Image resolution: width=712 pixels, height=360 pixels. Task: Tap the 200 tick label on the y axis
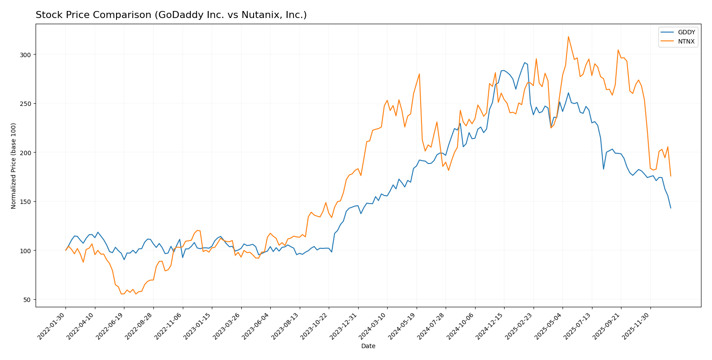(27, 153)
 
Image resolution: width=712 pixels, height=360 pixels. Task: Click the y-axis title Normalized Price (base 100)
(14, 166)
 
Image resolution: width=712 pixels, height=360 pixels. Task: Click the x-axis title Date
(368, 346)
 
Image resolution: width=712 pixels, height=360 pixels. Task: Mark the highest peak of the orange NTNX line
(568, 36)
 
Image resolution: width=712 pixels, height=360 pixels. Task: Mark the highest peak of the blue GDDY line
(524, 62)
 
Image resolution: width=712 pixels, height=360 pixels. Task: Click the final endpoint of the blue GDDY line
(671, 208)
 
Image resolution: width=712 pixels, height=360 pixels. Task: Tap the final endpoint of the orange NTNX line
(671, 176)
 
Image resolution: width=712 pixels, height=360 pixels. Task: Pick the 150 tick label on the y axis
(27, 202)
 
